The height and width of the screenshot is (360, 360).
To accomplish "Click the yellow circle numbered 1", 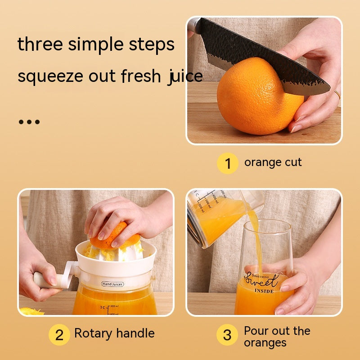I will click(228, 163).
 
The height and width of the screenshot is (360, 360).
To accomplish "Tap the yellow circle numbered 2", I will click(59, 334).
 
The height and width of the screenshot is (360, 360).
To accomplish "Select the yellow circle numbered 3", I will click(227, 335).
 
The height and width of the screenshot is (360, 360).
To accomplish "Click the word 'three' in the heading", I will click(39, 45).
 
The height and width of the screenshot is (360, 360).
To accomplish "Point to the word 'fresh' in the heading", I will click(141, 76).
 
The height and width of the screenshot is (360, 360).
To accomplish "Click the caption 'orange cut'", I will click(273, 162).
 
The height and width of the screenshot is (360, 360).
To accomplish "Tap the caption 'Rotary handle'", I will click(114, 333).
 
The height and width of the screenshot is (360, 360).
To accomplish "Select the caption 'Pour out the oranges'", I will click(277, 337).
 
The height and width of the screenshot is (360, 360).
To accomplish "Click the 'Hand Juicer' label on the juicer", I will click(112, 284).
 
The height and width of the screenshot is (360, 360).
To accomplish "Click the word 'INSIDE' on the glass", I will click(264, 291).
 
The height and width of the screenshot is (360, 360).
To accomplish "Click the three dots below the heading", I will click(29, 122).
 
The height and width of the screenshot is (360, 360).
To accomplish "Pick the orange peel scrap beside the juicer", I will click(31, 311).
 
